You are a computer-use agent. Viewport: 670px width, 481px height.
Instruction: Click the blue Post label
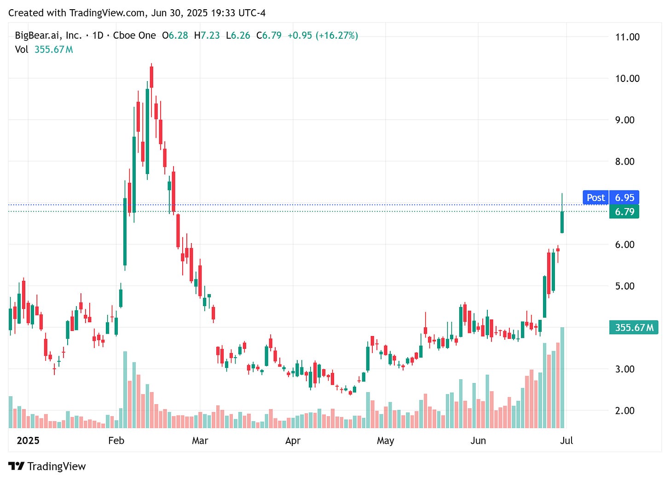coord(595,197)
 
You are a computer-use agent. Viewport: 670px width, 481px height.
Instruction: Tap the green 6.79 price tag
coord(624,212)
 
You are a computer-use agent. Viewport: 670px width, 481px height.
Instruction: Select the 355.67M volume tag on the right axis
coord(633,327)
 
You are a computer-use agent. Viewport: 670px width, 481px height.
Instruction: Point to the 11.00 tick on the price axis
coord(627,37)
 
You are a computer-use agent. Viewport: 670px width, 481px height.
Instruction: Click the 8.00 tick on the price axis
coord(624,162)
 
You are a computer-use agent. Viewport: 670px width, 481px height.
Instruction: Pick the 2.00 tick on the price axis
coord(624,411)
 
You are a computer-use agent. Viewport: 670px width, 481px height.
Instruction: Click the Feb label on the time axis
coord(116,440)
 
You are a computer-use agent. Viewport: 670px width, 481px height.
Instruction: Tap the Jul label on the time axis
coord(566,440)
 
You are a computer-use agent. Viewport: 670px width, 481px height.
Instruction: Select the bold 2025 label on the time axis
coord(28,440)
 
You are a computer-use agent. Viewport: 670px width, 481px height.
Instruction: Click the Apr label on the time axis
coord(293,440)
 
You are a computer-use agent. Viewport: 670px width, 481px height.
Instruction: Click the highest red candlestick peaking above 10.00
coord(151,77)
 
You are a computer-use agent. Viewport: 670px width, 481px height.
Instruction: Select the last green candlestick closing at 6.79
coord(562,222)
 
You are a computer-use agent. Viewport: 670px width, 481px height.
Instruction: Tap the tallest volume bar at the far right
coord(562,377)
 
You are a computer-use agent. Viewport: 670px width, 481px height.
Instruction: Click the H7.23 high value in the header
coord(207,35)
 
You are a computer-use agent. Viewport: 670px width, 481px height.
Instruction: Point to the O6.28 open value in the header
coord(175,35)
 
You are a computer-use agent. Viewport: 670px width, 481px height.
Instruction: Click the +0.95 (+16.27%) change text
coord(323,35)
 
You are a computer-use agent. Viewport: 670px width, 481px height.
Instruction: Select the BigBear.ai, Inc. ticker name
coord(48,35)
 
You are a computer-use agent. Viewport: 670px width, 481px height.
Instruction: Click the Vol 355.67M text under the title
coord(44,49)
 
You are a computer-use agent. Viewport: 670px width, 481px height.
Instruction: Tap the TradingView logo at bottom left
coord(47,466)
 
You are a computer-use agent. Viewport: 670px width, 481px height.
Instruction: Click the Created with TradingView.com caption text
coord(137,13)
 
